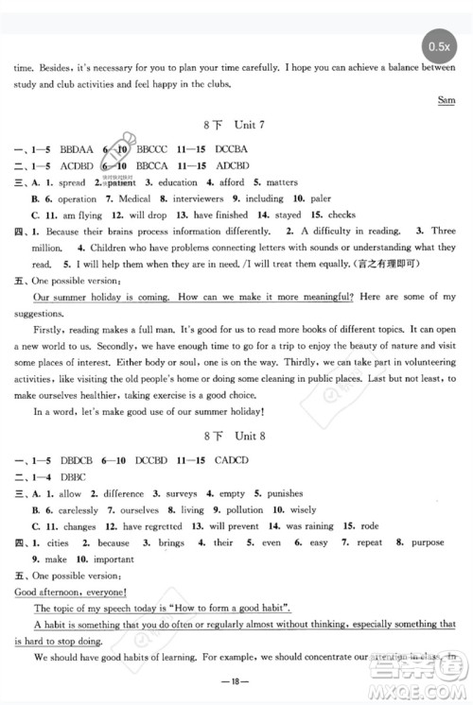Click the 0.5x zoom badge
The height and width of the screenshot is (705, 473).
(439, 45)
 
